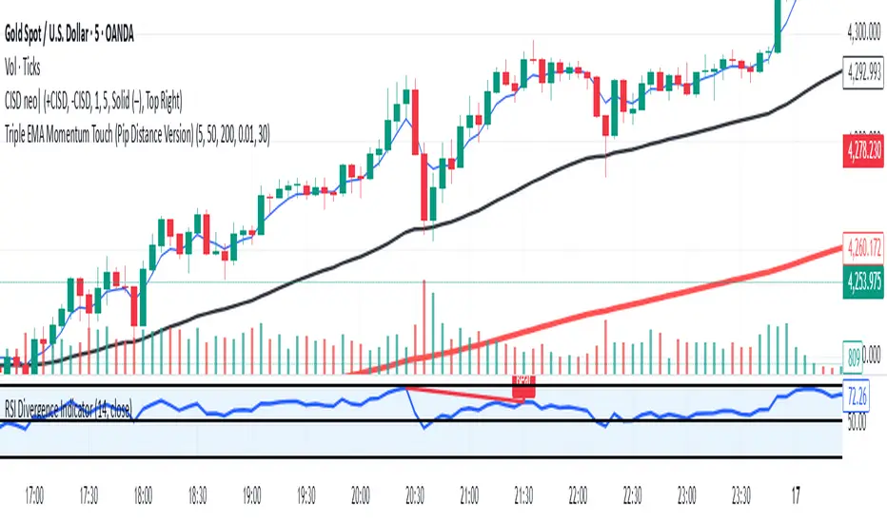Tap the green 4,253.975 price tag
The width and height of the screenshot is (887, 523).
(x=865, y=281)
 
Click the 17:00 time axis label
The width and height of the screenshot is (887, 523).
(x=35, y=495)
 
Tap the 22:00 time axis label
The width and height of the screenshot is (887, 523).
(x=578, y=495)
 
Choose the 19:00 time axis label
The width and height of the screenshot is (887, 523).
(x=252, y=495)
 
